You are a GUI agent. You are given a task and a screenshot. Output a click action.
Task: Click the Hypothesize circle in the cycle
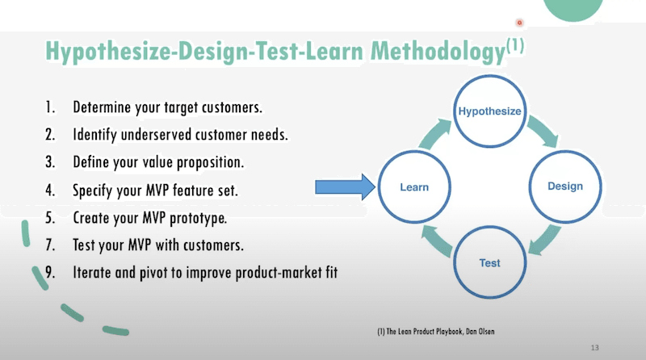pyautogui.click(x=489, y=111)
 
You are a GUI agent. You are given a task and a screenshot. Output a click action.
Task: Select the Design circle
pyautogui.click(x=564, y=187)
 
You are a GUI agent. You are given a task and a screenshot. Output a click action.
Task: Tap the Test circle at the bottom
pyautogui.click(x=489, y=263)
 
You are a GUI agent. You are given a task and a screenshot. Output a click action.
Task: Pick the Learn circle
pyautogui.click(x=414, y=187)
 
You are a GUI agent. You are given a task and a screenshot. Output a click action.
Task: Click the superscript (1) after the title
pyautogui.click(x=514, y=47)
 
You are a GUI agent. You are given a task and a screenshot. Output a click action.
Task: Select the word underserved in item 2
pyautogui.click(x=157, y=135)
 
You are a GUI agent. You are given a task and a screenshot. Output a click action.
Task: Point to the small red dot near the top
pyautogui.click(x=519, y=23)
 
